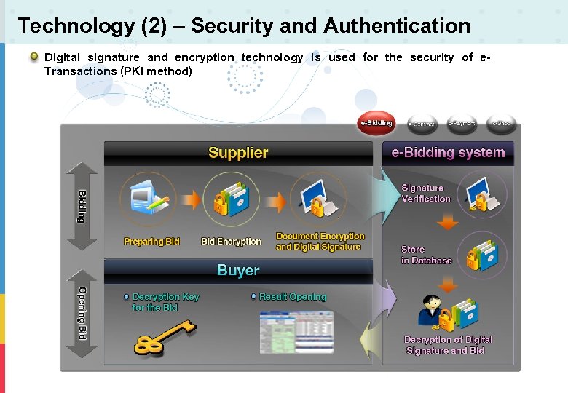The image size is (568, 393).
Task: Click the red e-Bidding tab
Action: click(376, 123)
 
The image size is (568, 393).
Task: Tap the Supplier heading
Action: click(238, 153)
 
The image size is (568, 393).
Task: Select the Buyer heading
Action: click(238, 271)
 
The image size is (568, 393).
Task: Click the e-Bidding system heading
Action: click(448, 153)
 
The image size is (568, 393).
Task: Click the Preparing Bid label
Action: click(151, 242)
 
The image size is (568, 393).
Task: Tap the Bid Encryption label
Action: click(231, 242)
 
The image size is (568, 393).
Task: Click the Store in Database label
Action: click(426, 255)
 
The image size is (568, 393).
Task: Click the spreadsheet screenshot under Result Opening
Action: click(296, 333)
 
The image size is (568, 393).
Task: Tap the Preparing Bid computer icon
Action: click(149, 198)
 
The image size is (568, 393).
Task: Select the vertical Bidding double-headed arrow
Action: click(82, 207)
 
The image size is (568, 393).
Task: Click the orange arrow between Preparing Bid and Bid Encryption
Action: click(192, 200)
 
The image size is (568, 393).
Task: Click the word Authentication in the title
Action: click(397, 26)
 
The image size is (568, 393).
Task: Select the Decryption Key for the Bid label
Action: click(165, 302)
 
